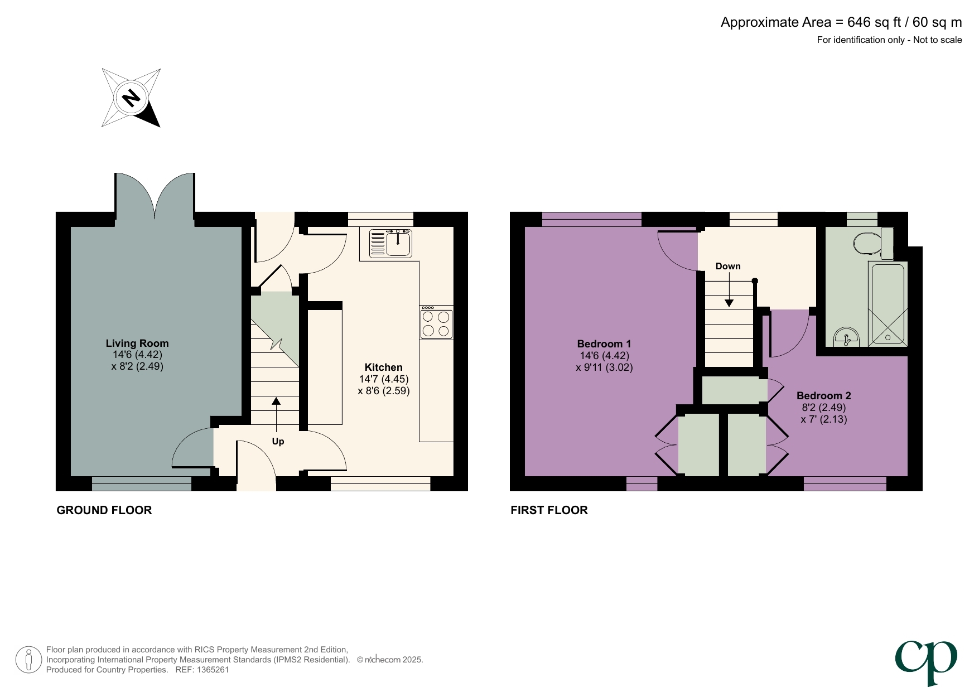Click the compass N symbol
131,98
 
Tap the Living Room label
137,343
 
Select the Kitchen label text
383,367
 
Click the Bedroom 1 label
604,344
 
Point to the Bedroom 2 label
823,396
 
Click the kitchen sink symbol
391,244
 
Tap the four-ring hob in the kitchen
436,324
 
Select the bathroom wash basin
847,337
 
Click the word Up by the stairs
278,442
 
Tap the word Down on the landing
728,267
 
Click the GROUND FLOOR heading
104,510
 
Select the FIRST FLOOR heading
549,510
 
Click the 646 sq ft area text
874,22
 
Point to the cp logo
927,661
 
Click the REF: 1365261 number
202,670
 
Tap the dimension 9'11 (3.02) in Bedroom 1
604,367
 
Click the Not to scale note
937,40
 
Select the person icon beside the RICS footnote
28,660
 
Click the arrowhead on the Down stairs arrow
729,303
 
